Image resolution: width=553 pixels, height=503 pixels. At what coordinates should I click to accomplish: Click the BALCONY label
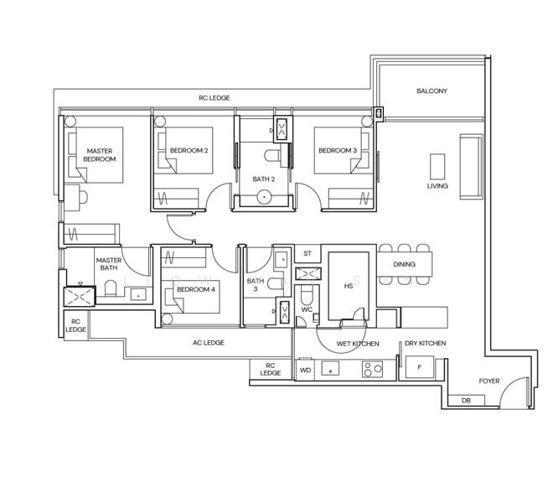[x=432, y=91]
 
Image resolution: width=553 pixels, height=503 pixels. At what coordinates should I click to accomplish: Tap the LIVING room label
[x=437, y=186]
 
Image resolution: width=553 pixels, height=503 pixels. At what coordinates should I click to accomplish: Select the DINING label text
[x=404, y=265]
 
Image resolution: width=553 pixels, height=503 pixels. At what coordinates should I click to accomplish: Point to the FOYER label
[x=488, y=381]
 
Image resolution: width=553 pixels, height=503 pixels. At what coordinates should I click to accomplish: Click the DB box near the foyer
[x=466, y=401]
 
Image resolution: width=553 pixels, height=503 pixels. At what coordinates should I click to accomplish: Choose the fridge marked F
[x=419, y=367]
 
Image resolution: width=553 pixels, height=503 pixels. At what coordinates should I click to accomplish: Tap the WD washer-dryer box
[x=305, y=369]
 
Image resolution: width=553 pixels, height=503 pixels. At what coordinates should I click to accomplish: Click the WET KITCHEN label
[x=358, y=344]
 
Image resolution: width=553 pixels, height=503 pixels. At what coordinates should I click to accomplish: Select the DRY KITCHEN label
[x=425, y=344]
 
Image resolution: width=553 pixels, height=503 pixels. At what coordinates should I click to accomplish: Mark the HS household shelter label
[x=349, y=285]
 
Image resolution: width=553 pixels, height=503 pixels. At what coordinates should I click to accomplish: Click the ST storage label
[x=308, y=253]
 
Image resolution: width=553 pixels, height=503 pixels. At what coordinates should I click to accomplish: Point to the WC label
[x=307, y=309]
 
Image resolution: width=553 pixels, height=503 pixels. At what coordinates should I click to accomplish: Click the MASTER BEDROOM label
[x=100, y=155]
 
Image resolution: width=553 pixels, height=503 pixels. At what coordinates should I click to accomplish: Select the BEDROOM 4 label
[x=195, y=289]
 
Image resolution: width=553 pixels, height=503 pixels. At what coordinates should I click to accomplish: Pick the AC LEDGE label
[x=208, y=343]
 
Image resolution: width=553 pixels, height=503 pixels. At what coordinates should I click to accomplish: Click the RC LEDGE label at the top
[x=214, y=98]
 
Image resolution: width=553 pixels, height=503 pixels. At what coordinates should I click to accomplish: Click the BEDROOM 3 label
[x=338, y=151]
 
